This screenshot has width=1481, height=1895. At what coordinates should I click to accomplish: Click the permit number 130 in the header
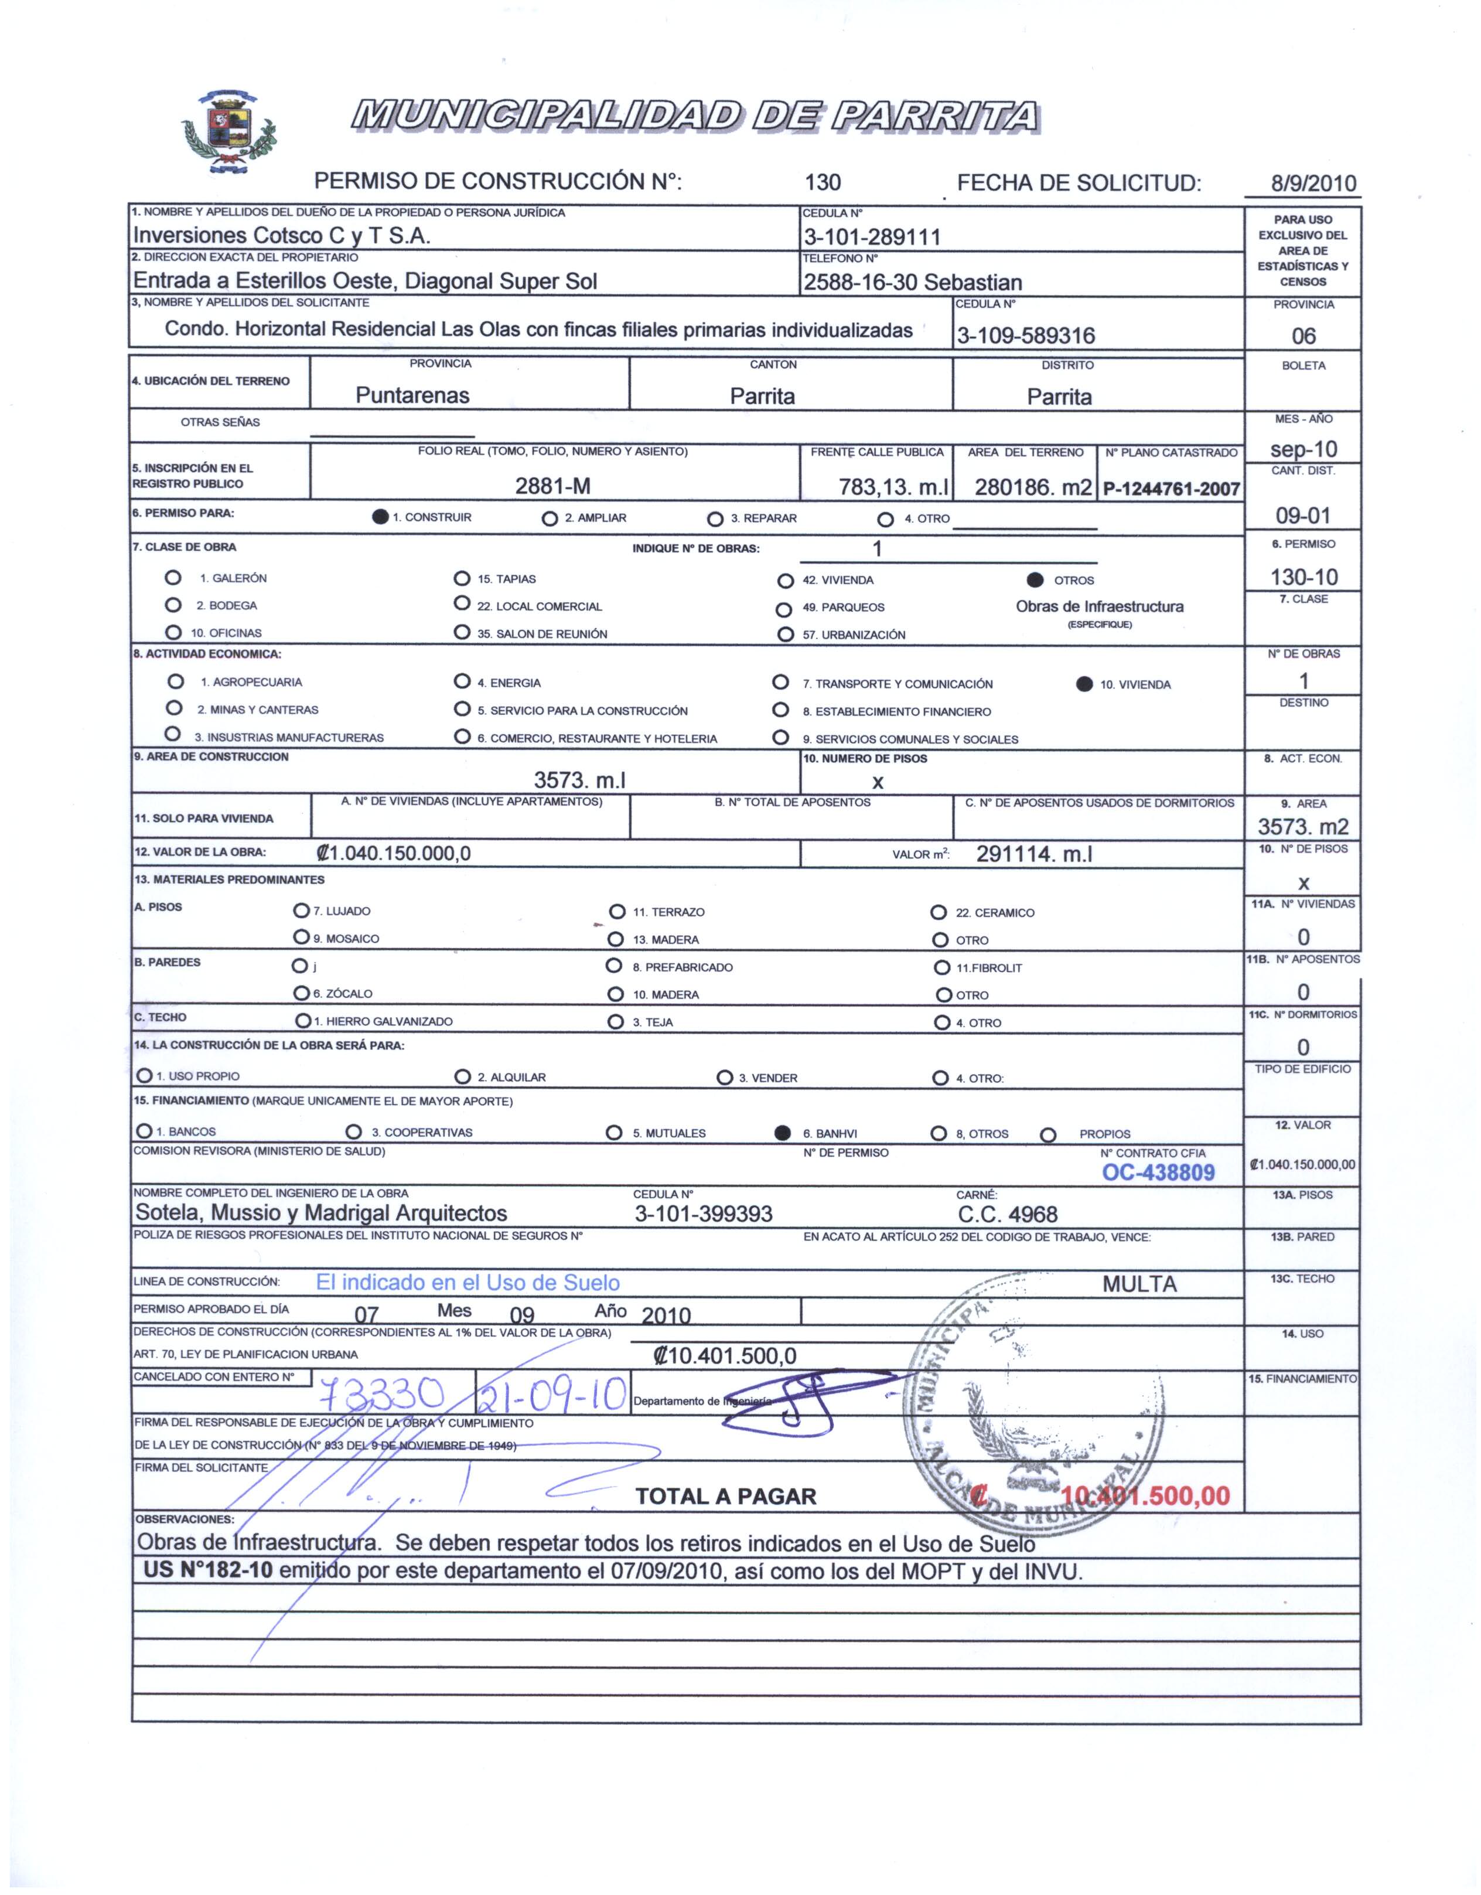[823, 182]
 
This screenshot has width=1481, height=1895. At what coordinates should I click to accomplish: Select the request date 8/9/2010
[1313, 183]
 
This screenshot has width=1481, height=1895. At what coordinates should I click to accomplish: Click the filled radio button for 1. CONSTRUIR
[380, 517]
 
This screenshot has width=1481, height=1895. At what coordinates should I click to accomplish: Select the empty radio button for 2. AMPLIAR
[549, 519]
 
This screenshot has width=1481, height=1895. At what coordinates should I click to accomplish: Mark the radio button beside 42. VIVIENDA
[785, 581]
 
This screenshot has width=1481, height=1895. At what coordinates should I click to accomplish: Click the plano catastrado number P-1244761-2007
[1171, 489]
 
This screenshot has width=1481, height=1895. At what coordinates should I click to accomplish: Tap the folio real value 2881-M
[552, 486]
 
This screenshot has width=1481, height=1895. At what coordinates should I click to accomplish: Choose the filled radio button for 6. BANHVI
[783, 1131]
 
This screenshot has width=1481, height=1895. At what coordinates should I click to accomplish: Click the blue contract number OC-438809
[1158, 1173]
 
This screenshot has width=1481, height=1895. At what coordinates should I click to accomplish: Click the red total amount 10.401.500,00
[1145, 1495]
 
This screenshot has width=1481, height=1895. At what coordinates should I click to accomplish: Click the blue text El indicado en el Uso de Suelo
[467, 1283]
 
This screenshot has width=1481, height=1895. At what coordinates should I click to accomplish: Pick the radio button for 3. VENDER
[725, 1078]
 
